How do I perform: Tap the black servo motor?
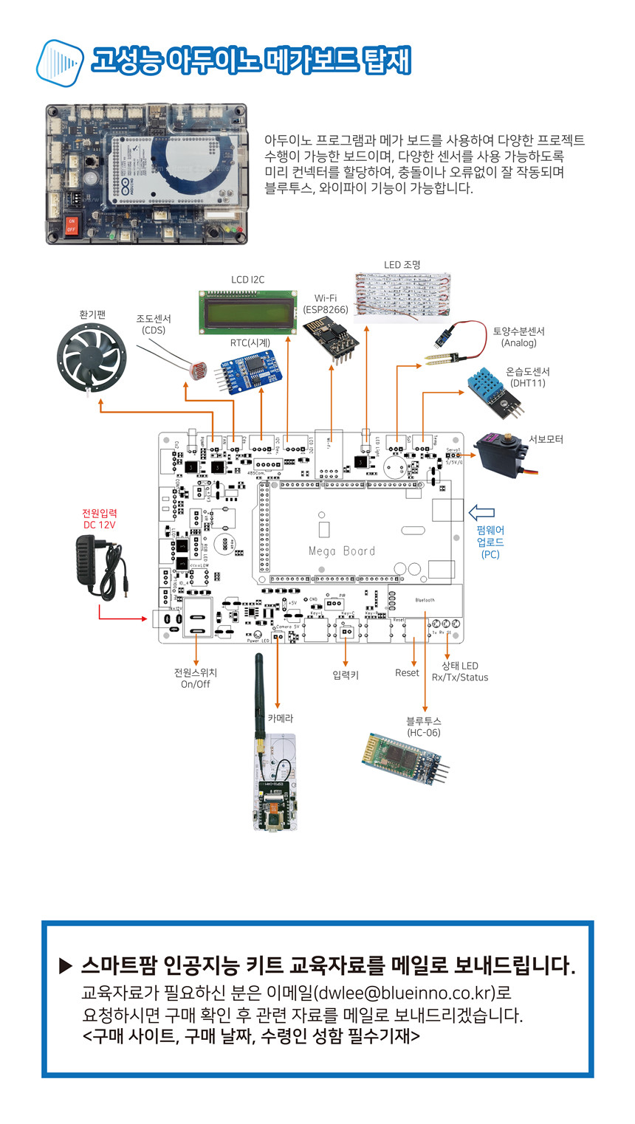pos(501,455)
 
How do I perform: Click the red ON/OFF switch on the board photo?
pos(72,225)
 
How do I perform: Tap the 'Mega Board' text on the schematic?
pos(342,551)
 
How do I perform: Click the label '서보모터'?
pos(546,439)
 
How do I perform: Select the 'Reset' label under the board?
pos(407,673)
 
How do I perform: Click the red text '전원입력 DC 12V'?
pos(100,518)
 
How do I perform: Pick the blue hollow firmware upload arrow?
pos(481,512)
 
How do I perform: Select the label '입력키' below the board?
pos(345,675)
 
